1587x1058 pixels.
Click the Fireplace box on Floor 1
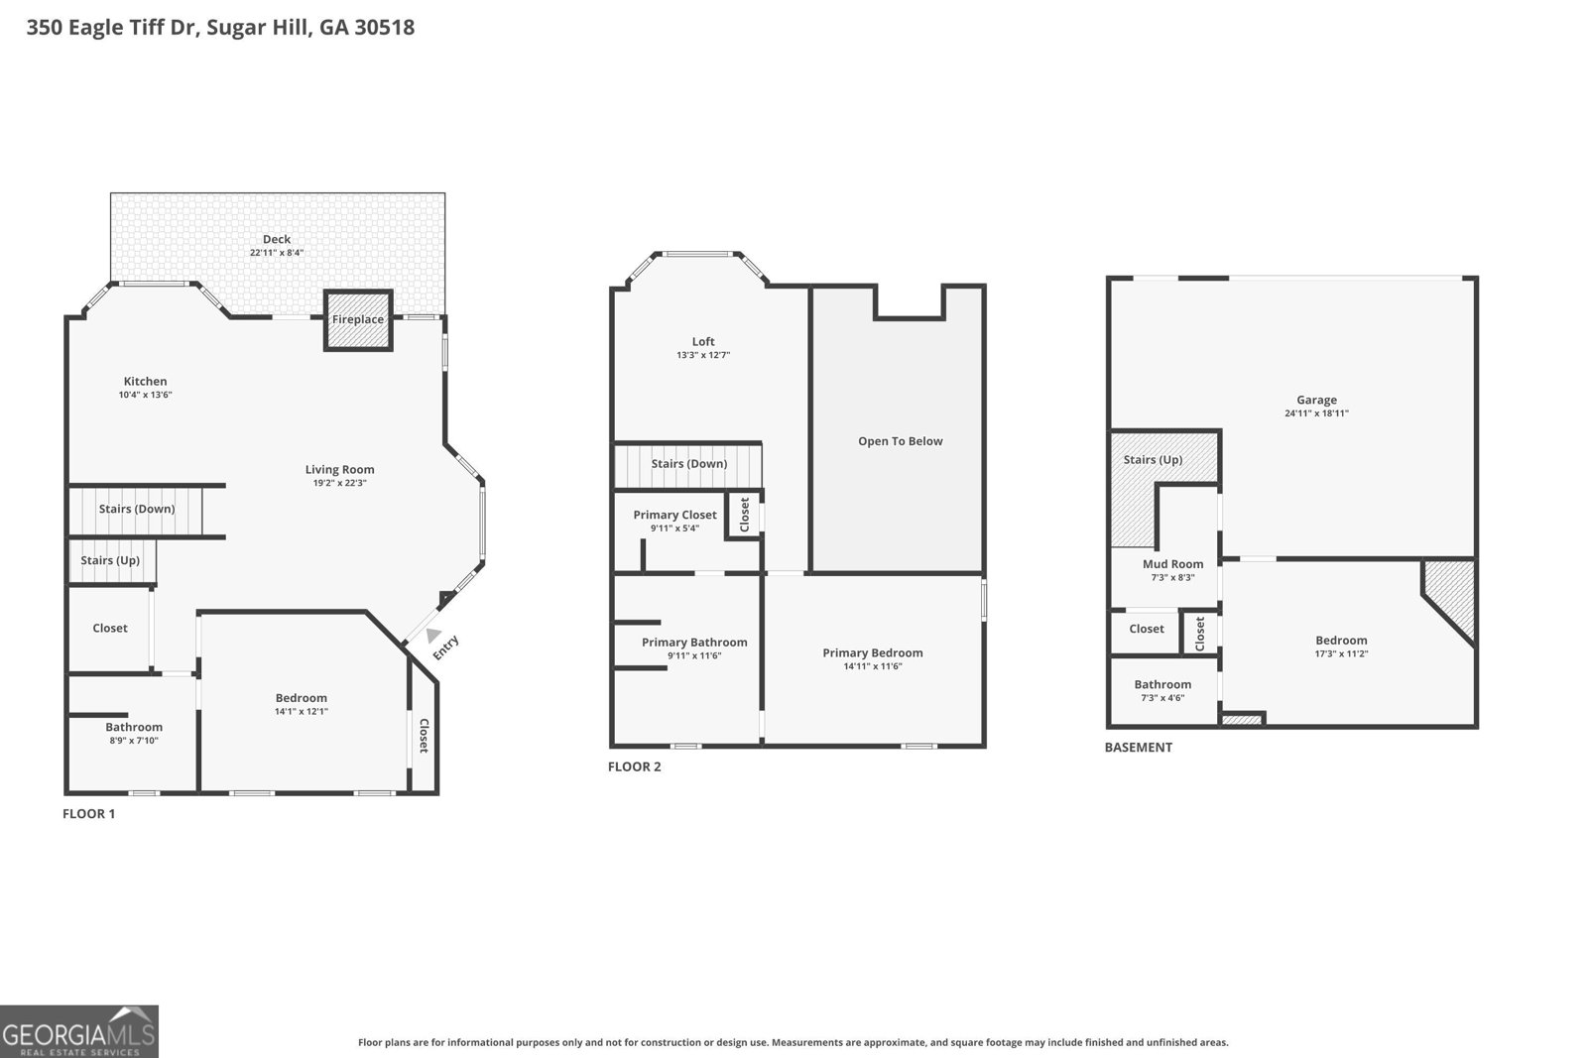pyautogui.click(x=358, y=319)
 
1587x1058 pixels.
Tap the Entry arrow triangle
pyautogui.click(x=432, y=636)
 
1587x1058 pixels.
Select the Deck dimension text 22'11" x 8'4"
pyautogui.click(x=277, y=253)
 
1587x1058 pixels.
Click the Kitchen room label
pyautogui.click(x=145, y=381)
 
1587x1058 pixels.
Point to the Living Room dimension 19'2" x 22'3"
pyautogui.click(x=339, y=484)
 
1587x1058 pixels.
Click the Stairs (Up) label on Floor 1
pyautogui.click(x=110, y=560)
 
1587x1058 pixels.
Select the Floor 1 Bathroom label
pyautogui.click(x=134, y=727)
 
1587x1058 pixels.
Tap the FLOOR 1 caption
pyautogui.click(x=89, y=814)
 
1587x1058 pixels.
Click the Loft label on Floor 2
pyautogui.click(x=703, y=341)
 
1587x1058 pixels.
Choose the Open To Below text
pyautogui.click(x=900, y=441)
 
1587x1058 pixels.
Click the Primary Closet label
pyautogui.click(x=674, y=515)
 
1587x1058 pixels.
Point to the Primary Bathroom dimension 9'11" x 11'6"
pyautogui.click(x=694, y=655)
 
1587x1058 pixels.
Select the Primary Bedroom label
pyautogui.click(x=872, y=652)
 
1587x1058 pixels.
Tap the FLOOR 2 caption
pyautogui.click(x=634, y=766)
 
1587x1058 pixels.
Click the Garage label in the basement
pyautogui.click(x=1316, y=400)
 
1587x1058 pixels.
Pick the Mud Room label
pyautogui.click(x=1172, y=564)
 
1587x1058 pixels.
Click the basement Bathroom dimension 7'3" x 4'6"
pyautogui.click(x=1162, y=698)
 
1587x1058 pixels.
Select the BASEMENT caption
pyautogui.click(x=1138, y=748)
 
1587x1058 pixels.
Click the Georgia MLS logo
pyautogui.click(x=78, y=1031)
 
